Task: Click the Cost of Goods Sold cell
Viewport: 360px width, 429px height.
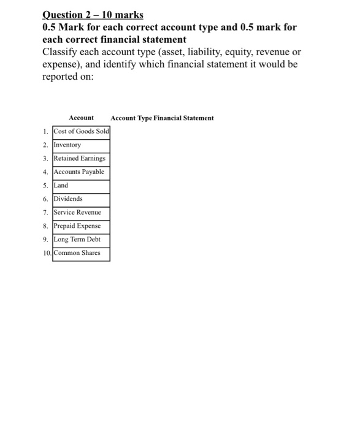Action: tap(81, 132)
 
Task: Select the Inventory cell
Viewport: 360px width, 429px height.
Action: tap(81, 145)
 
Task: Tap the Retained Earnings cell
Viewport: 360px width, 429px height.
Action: tap(81, 159)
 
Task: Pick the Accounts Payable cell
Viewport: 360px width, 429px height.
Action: tap(81, 172)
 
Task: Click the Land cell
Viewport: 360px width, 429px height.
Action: tap(81, 186)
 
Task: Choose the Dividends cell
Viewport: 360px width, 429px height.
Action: tap(81, 199)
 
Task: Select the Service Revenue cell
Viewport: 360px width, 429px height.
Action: tap(81, 213)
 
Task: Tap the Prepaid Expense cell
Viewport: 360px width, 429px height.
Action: tap(81, 226)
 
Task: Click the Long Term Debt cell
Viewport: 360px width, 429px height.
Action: tap(81, 240)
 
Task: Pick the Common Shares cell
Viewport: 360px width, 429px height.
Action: tap(81, 253)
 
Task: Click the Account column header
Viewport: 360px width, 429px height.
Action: tap(82, 118)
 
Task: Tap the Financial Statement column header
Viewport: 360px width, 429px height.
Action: tap(186, 118)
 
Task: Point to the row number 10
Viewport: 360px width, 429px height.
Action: tap(47, 253)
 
